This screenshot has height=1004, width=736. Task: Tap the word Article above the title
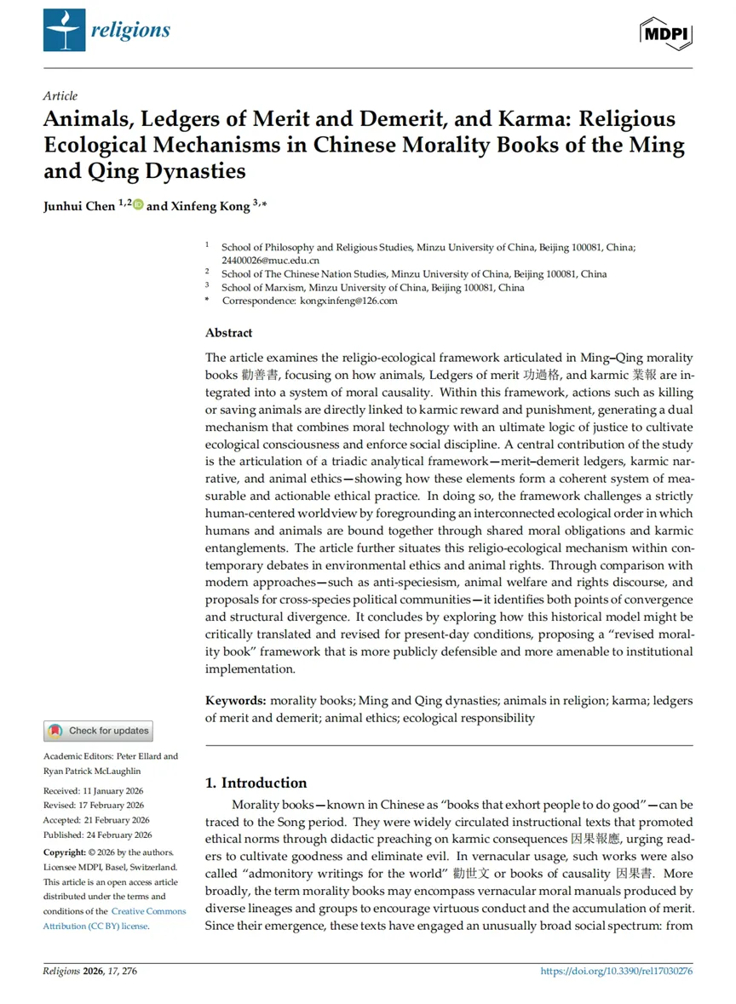tap(60, 96)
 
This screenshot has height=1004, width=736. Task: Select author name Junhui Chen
tap(78, 206)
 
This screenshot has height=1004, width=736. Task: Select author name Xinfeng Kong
tap(204, 206)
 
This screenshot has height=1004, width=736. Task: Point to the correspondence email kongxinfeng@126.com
tap(348, 301)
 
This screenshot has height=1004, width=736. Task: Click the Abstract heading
tap(228, 333)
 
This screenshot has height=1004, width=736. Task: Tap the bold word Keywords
tap(236, 701)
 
